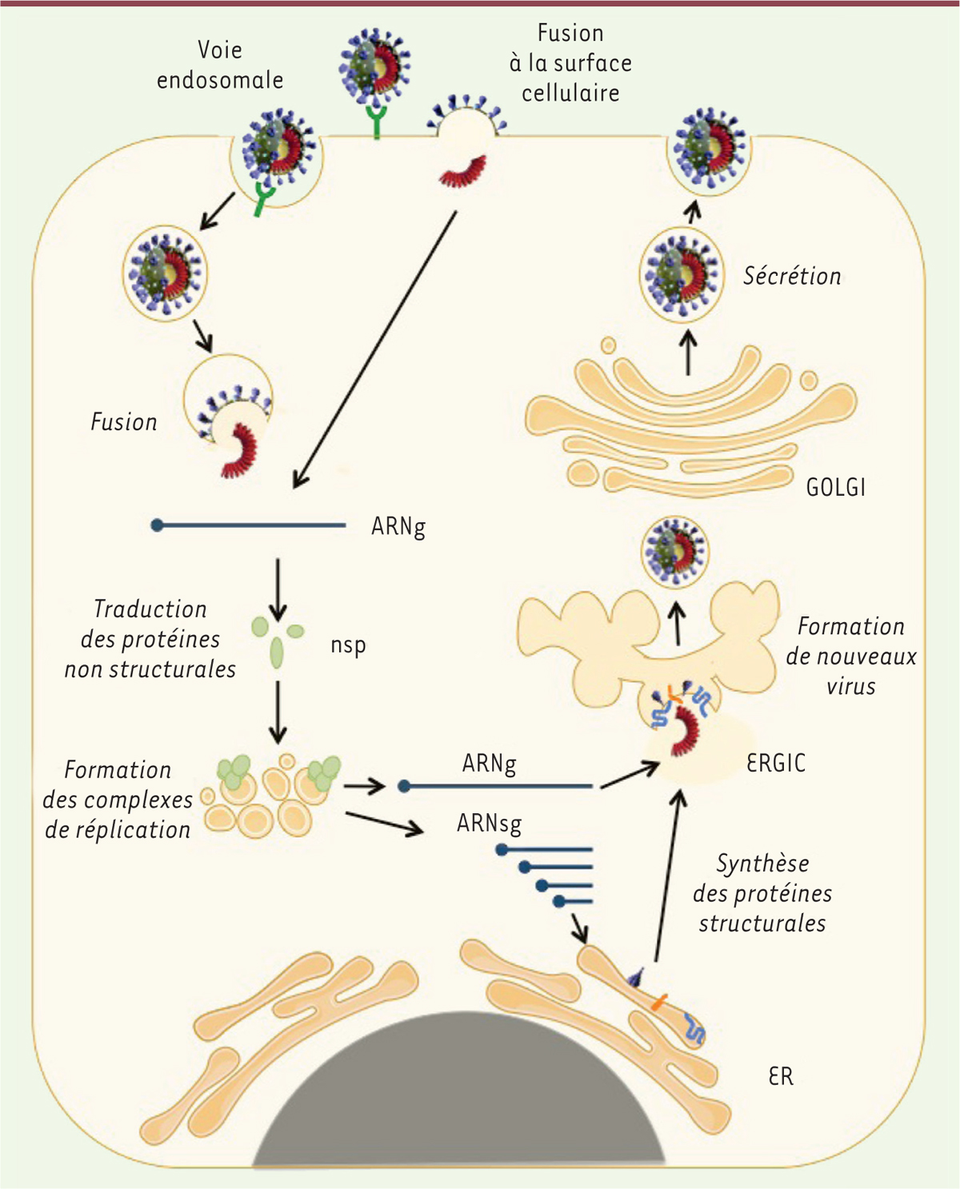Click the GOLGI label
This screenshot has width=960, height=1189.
tap(835, 487)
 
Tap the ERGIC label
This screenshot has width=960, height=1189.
tap(775, 763)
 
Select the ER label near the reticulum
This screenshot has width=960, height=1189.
tap(781, 1076)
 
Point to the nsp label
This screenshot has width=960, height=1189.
tap(348, 645)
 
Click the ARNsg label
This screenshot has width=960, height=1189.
tap(489, 823)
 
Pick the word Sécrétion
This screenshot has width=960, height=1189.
tap(792, 277)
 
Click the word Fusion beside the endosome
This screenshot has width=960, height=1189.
tap(124, 422)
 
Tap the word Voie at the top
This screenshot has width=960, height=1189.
tap(220, 50)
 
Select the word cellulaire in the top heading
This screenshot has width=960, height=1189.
tap(570, 94)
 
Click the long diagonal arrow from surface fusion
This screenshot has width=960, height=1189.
tap(374, 349)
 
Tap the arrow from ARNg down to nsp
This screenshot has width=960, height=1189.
tap(278, 589)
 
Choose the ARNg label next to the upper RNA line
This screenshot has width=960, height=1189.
tap(398, 527)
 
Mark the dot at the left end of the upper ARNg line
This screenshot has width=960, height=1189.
tap(158, 525)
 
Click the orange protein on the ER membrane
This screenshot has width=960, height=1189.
tap(658, 1002)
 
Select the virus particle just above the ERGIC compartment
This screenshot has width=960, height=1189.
tap(676, 551)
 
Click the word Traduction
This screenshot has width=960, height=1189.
tap(150, 609)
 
